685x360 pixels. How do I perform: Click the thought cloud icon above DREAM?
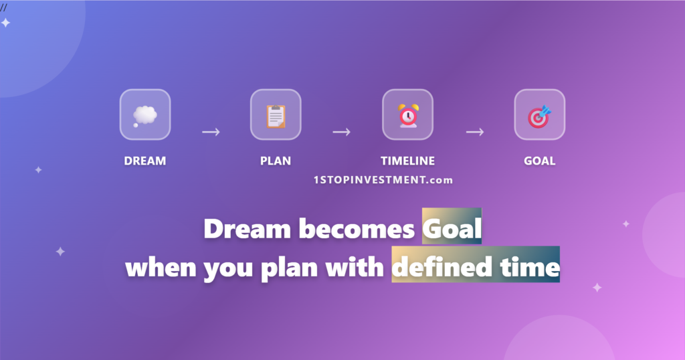pos(144,115)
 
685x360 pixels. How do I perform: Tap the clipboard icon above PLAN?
pos(276,115)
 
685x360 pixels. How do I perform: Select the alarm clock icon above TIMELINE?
pos(407,115)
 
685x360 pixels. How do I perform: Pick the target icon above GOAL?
pos(539,115)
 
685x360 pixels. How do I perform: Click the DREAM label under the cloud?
pos(144,161)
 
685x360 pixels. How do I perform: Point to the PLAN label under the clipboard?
pos(276,161)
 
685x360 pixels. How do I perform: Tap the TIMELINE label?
pos(407,161)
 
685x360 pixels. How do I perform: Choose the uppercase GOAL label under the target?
pos(539,161)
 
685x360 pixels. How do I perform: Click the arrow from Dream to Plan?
pos(211,132)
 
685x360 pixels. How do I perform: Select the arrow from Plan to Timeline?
pos(342,132)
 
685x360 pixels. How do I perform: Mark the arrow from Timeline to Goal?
pos(475,132)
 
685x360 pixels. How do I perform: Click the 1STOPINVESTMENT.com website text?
pos(383,180)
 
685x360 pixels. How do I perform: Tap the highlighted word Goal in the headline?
pos(452,230)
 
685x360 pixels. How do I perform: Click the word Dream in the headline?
pos(247,230)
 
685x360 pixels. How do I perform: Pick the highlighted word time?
pos(528,267)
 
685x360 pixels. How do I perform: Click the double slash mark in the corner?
pos(3,7)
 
